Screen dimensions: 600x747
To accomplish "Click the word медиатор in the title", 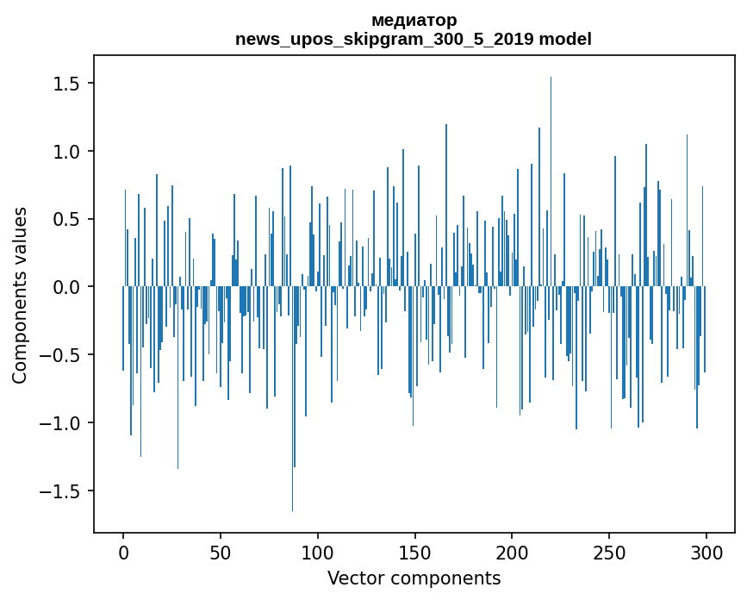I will [x=414, y=20].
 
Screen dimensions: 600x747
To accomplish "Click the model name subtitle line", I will [x=414, y=39].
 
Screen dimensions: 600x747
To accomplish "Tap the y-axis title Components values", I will [x=19, y=295].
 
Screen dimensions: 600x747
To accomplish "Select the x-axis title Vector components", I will [x=414, y=578].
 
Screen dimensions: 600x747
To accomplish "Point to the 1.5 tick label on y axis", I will [x=66, y=84].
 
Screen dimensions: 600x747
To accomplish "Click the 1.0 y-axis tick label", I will [x=66, y=152].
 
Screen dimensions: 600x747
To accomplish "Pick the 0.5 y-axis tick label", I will [x=66, y=219].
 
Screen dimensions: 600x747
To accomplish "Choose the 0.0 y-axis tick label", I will [x=66, y=287].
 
